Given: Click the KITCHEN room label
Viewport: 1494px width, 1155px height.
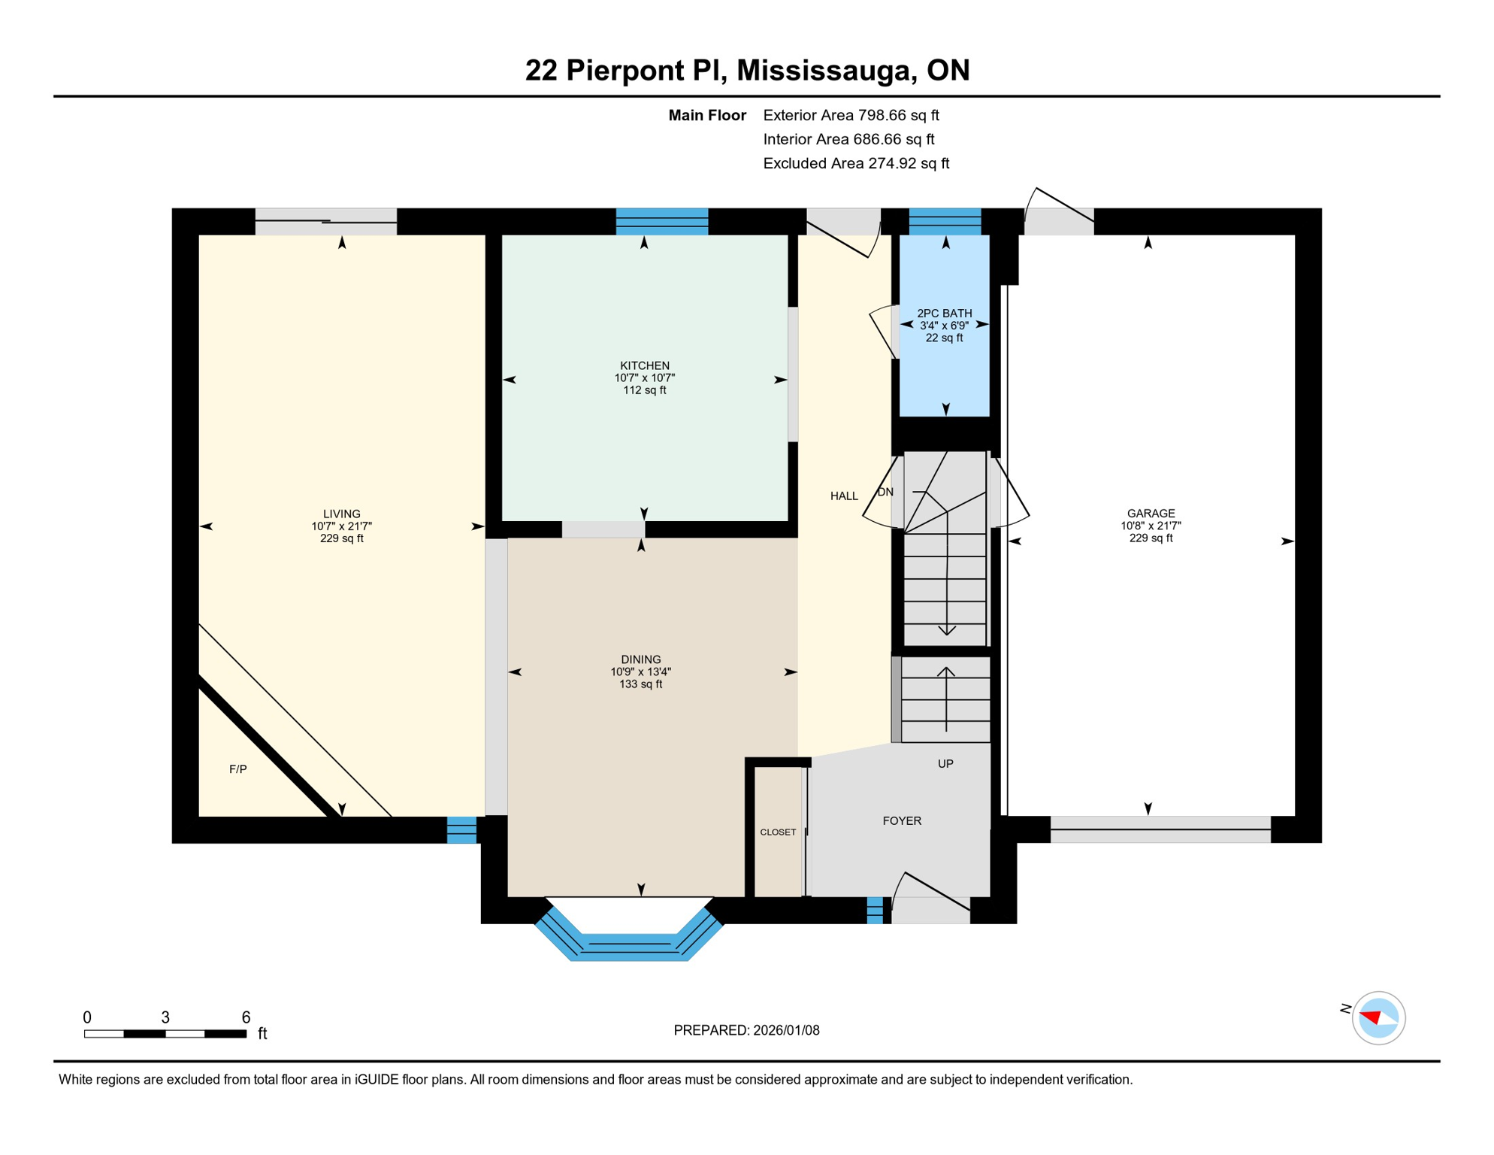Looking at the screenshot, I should [644, 365].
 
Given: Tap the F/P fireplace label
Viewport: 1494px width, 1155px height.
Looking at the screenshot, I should [237, 768].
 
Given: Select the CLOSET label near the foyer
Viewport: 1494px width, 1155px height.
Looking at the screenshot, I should [778, 832].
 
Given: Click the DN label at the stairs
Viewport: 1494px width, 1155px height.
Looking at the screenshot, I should [885, 492].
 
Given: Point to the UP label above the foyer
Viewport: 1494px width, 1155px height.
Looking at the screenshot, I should [945, 763].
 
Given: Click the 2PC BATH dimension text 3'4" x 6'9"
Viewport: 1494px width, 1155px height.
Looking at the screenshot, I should [944, 326].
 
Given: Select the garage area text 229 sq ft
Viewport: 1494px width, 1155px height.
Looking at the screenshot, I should [1151, 538].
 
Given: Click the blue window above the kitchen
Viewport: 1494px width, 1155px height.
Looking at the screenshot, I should [661, 222].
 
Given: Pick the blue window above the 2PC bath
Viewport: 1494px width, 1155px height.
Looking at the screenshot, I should [945, 222].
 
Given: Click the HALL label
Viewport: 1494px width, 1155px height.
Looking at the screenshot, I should [844, 496].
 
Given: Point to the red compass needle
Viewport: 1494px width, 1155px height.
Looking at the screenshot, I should [1371, 1017].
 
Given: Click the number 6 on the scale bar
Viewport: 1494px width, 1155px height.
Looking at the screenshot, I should [246, 1017].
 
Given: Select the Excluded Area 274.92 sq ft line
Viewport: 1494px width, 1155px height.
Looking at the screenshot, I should [856, 163].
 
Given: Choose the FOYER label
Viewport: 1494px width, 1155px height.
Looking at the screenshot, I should [902, 820].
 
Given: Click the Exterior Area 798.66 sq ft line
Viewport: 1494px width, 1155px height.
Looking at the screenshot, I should [851, 115].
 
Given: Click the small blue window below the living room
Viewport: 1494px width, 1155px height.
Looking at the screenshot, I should [461, 829].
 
